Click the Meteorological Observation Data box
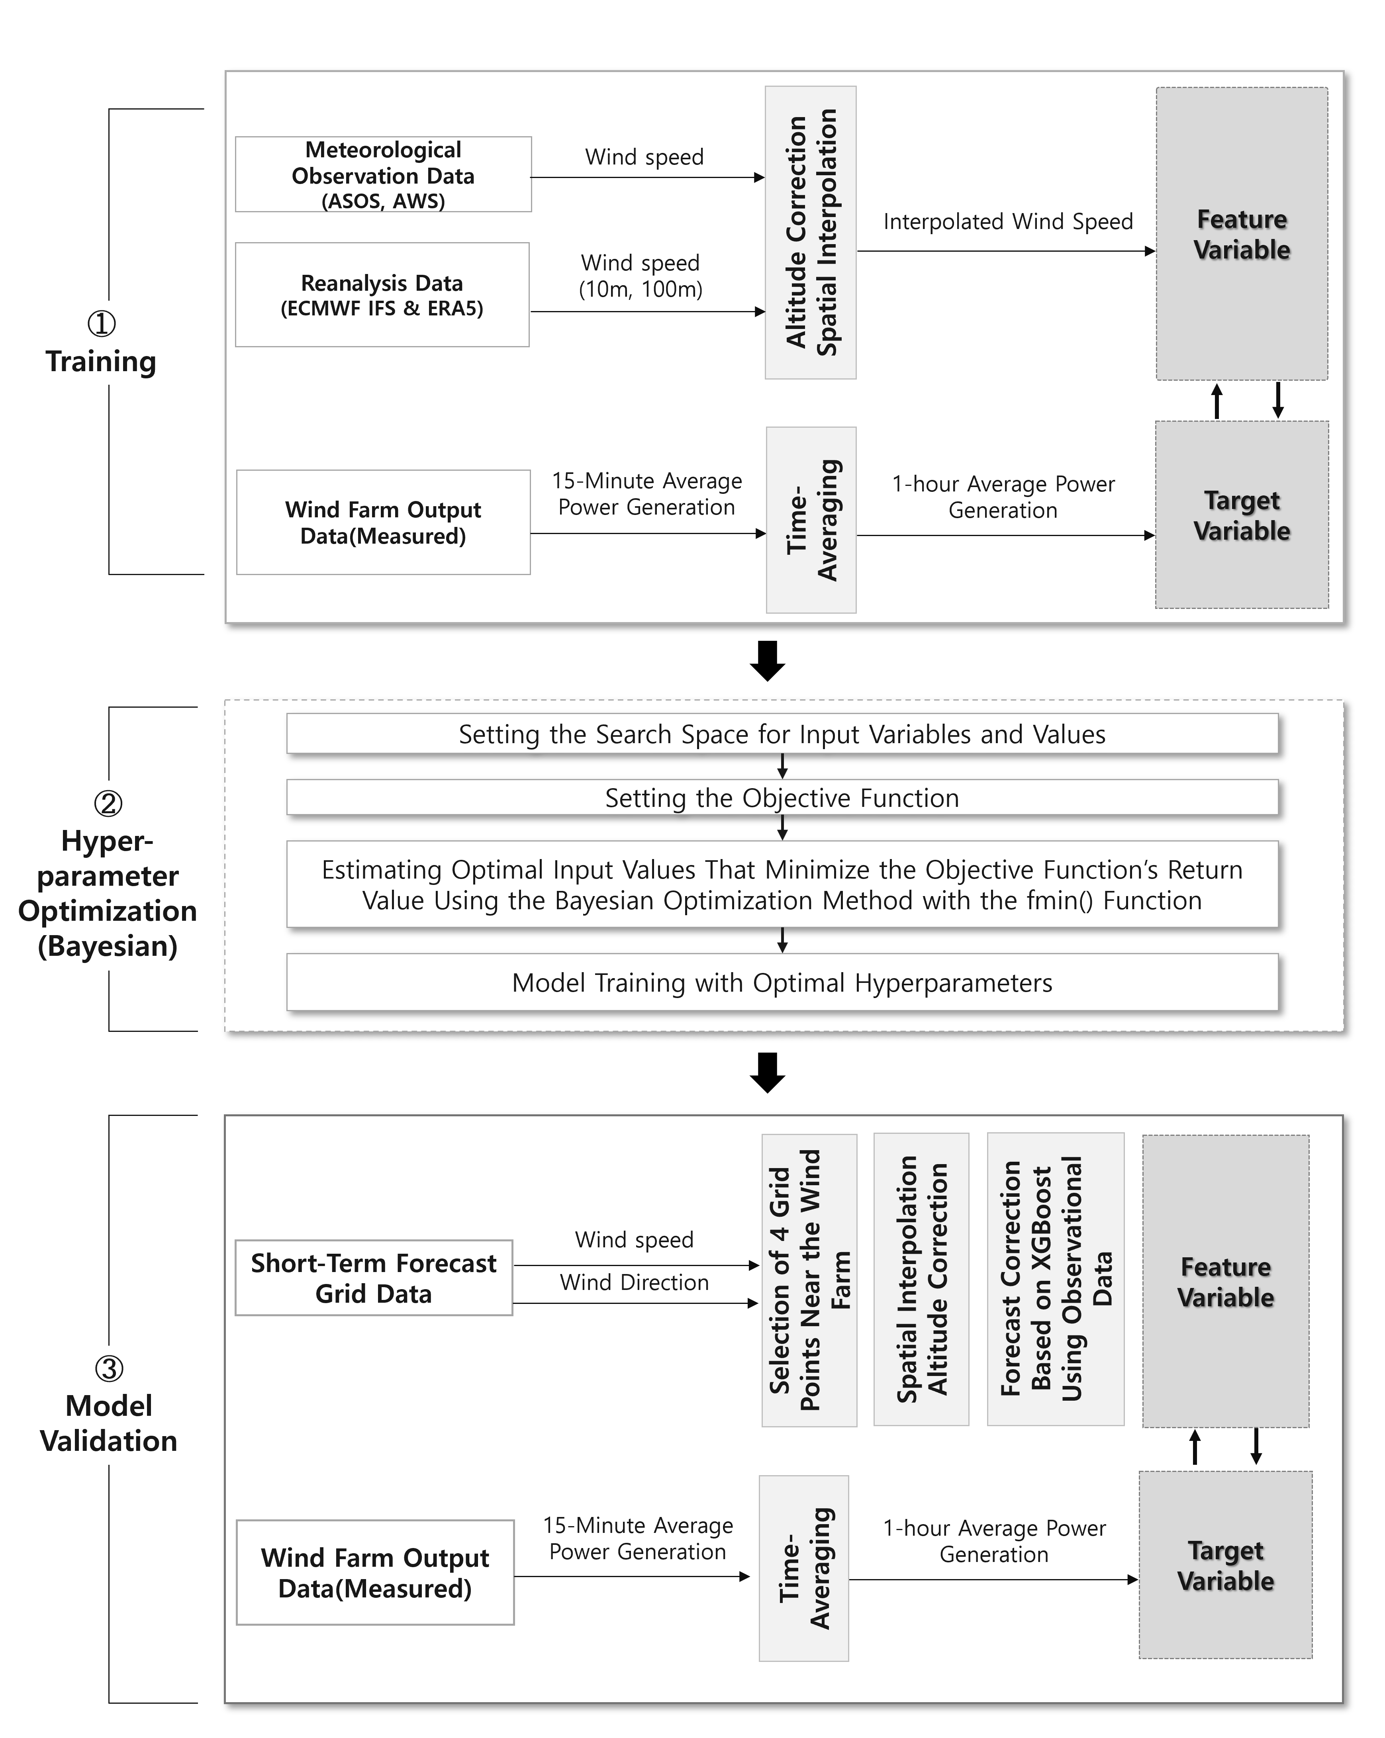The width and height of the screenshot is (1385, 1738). pyautogui.click(x=383, y=174)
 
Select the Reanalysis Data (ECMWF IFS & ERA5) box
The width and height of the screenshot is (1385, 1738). pyautogui.click(x=382, y=294)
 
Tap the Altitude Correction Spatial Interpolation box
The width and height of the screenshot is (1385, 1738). pyautogui.click(x=810, y=232)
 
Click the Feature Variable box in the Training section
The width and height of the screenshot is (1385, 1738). pyautogui.click(x=1242, y=234)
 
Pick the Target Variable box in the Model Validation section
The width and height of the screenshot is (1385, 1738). pyautogui.click(x=1225, y=1565)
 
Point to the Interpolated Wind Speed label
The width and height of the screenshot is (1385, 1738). pyautogui.click(x=1008, y=222)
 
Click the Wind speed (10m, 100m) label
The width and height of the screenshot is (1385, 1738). pyautogui.click(x=641, y=276)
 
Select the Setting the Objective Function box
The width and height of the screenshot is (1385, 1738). pyautogui.click(x=782, y=797)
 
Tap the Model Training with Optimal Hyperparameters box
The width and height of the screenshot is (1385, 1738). pyautogui.click(x=782, y=982)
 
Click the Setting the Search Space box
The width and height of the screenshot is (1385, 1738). pyautogui.click(x=782, y=734)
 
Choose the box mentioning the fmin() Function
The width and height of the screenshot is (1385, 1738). pyautogui.click(x=782, y=884)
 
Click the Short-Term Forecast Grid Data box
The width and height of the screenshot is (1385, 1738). pyautogui.click(x=373, y=1278)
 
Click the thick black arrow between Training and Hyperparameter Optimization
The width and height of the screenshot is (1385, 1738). pyautogui.click(x=768, y=660)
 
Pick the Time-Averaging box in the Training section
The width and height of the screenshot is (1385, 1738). pyautogui.click(x=811, y=520)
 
